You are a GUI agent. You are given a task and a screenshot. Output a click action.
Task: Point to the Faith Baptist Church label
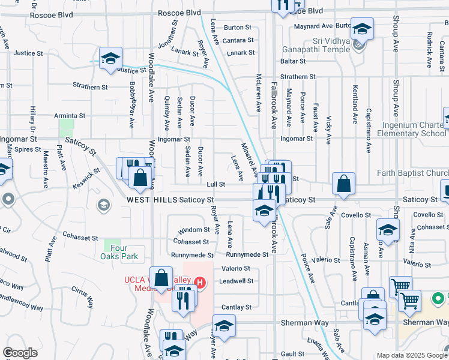coord(412,173)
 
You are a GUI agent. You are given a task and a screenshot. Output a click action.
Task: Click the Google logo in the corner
coord(20,353)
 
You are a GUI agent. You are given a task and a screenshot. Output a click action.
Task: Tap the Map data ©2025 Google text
coord(412,355)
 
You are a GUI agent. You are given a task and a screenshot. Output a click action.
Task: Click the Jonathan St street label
coord(167,37)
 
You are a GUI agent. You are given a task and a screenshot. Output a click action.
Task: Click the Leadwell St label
coord(237,280)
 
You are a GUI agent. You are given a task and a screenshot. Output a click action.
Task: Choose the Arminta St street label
coord(69,115)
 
